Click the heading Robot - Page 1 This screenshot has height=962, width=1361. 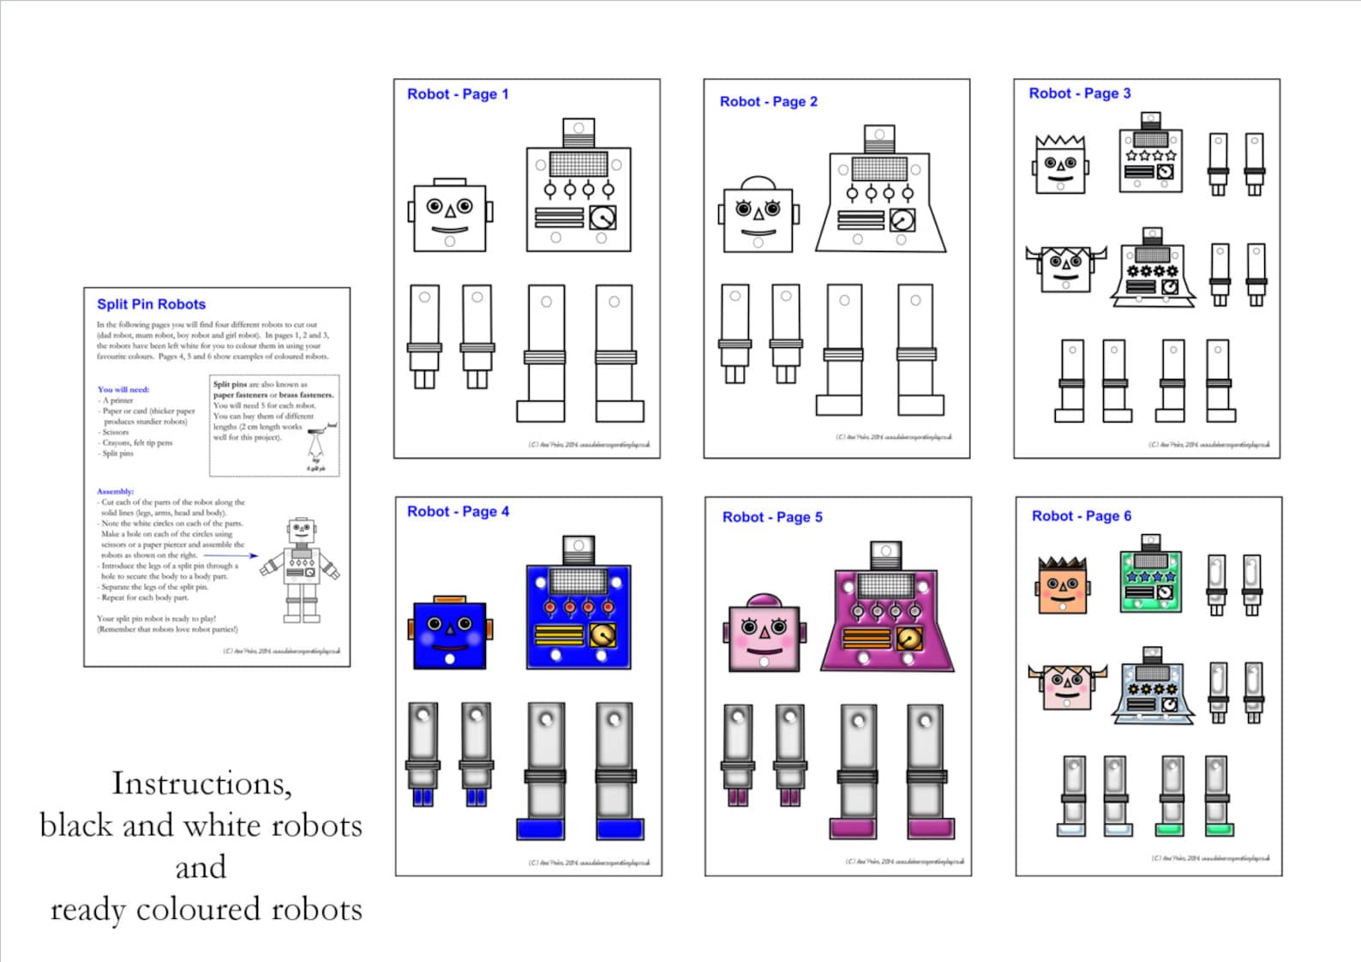click(458, 94)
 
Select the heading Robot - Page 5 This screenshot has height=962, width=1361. click(772, 517)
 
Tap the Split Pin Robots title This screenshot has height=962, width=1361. click(151, 304)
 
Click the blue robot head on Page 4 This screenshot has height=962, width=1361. click(450, 634)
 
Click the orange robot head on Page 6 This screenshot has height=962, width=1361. click(1063, 586)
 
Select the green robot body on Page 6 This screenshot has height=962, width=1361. click(1151, 581)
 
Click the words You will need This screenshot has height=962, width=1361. click(123, 389)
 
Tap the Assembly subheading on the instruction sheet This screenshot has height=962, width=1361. click(115, 491)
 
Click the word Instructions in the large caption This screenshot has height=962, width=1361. click(201, 784)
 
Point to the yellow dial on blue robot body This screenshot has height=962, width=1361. click(603, 635)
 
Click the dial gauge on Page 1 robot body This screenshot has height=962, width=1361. click(603, 218)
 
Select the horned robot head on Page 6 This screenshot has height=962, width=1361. click(1067, 686)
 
